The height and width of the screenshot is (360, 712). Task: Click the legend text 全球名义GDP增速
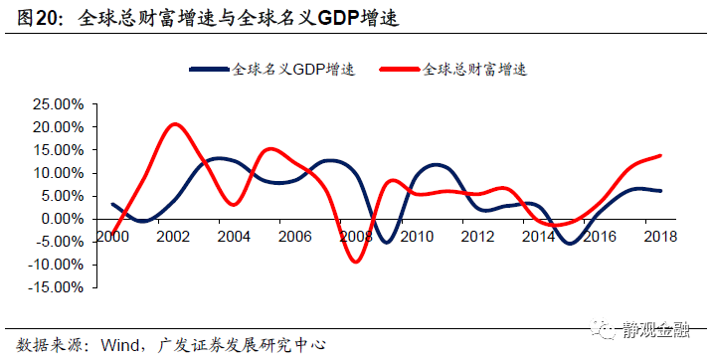click(294, 70)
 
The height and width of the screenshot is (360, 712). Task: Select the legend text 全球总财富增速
click(473, 70)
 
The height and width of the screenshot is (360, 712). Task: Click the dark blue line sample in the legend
click(210, 70)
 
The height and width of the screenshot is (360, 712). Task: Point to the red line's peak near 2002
click(175, 124)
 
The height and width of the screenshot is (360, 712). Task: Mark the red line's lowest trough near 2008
click(355, 262)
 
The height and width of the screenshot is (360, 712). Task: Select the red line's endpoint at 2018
click(661, 155)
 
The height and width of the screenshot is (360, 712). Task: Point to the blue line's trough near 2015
click(569, 243)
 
